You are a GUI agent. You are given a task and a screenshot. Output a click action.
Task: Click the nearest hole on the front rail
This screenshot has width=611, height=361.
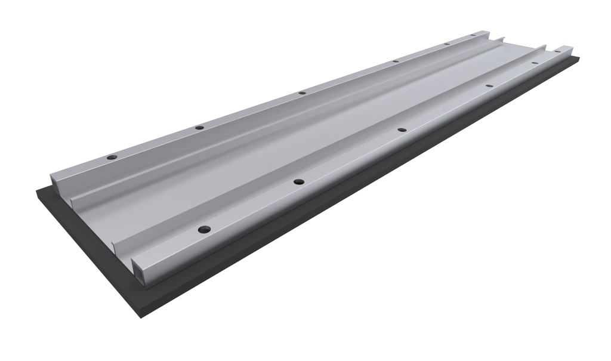tap(204, 229)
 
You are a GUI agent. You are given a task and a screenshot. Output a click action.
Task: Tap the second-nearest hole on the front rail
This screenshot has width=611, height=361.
tap(299, 181)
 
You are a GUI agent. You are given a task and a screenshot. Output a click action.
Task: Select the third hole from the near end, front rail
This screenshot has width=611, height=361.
tap(402, 129)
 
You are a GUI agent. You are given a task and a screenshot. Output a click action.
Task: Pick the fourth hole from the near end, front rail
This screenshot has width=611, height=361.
tap(489, 86)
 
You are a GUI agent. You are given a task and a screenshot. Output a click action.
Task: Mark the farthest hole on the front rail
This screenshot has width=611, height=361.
tap(534, 63)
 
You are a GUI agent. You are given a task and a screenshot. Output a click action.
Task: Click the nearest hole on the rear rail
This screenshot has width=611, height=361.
tap(112, 157)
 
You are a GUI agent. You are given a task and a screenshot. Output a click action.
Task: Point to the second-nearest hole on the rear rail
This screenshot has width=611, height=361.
tap(199, 127)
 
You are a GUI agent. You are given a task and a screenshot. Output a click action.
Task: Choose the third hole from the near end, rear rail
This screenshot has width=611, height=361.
tap(302, 93)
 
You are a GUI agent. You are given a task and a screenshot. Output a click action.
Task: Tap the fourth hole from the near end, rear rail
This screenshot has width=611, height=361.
tap(395, 61)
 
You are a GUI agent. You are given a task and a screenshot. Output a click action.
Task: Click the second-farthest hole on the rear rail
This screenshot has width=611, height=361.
tap(446, 44)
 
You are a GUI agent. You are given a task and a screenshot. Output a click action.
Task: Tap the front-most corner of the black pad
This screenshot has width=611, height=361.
tap(141, 316)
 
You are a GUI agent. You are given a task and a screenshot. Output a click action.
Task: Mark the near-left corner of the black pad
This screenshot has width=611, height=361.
tap(37, 190)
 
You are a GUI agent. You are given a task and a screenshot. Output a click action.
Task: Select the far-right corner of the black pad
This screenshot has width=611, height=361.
tap(578, 58)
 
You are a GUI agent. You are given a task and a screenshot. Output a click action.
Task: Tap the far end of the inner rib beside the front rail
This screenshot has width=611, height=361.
tap(544, 47)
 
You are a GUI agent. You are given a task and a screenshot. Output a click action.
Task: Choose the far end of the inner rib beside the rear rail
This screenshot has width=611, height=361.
tap(502, 39)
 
